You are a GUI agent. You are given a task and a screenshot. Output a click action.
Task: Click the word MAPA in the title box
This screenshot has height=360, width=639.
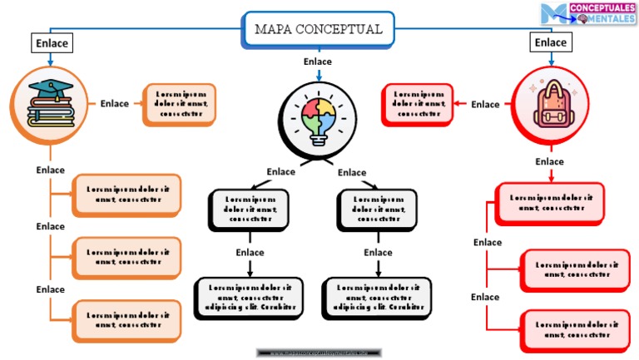[272, 29]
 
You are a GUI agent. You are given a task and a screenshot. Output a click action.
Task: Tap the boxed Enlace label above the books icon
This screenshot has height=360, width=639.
[51, 43]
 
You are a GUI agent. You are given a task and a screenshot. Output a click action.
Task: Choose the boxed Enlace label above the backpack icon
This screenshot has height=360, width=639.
[550, 42]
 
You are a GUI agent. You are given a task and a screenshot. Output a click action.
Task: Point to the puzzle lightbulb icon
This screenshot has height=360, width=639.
[319, 121]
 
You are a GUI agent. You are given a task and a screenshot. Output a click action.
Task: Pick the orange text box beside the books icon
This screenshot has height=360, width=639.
[179, 104]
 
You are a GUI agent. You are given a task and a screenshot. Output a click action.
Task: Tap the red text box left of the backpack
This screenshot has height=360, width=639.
[419, 104]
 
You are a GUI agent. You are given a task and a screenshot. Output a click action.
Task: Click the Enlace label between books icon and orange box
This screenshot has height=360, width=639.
[115, 104]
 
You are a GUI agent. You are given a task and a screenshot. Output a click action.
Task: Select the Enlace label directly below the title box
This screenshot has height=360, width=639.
[318, 62]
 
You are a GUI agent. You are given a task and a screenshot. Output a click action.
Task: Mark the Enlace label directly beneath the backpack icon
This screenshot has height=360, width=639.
[549, 161]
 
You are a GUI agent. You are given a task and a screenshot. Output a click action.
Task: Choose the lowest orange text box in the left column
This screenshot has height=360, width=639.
[127, 321]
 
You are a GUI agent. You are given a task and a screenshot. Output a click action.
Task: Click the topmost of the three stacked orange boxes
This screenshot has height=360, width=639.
[127, 195]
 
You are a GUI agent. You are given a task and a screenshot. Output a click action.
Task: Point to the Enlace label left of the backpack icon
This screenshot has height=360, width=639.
[485, 104]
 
